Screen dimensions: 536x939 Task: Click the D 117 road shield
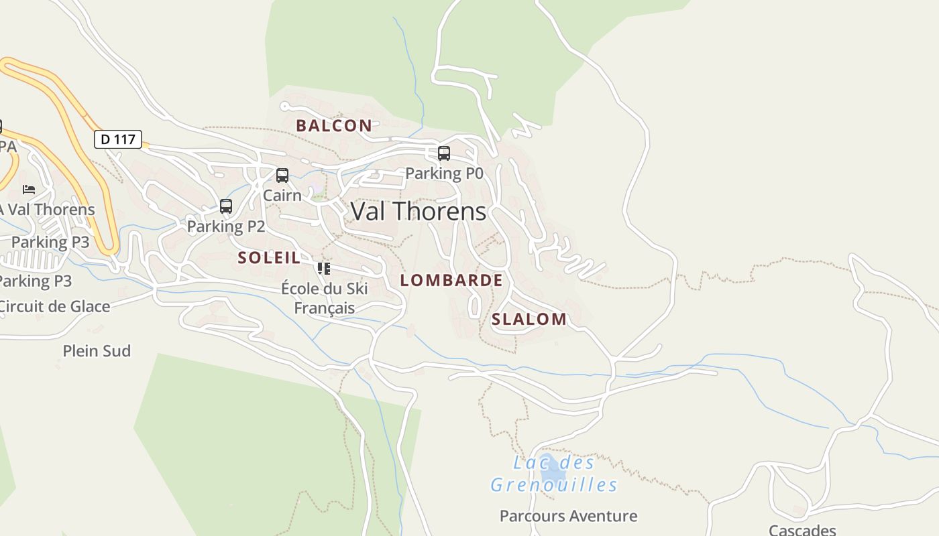(x=118, y=139)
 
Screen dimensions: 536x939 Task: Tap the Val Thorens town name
(x=419, y=211)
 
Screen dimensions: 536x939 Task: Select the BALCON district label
(x=334, y=125)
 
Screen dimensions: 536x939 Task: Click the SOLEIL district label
(x=269, y=258)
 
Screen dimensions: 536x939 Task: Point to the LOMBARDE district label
(x=451, y=280)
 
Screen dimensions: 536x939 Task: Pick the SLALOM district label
(x=529, y=319)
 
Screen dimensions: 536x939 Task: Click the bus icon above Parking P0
(x=443, y=153)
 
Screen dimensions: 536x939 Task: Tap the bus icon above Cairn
(x=282, y=176)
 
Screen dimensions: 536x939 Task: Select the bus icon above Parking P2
(x=226, y=206)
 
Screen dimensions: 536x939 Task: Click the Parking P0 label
(x=444, y=174)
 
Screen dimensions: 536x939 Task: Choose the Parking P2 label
(x=226, y=226)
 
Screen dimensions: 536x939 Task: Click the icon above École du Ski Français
(x=324, y=269)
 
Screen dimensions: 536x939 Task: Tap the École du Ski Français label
(x=325, y=298)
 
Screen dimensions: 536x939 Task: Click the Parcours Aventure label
(x=569, y=516)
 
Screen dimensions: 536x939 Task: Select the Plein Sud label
(x=97, y=351)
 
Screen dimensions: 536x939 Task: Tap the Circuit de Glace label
(x=54, y=307)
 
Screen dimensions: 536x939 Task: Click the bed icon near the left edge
(x=29, y=190)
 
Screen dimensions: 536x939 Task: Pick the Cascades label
(x=802, y=530)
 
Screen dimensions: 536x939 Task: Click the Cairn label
(x=282, y=195)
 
